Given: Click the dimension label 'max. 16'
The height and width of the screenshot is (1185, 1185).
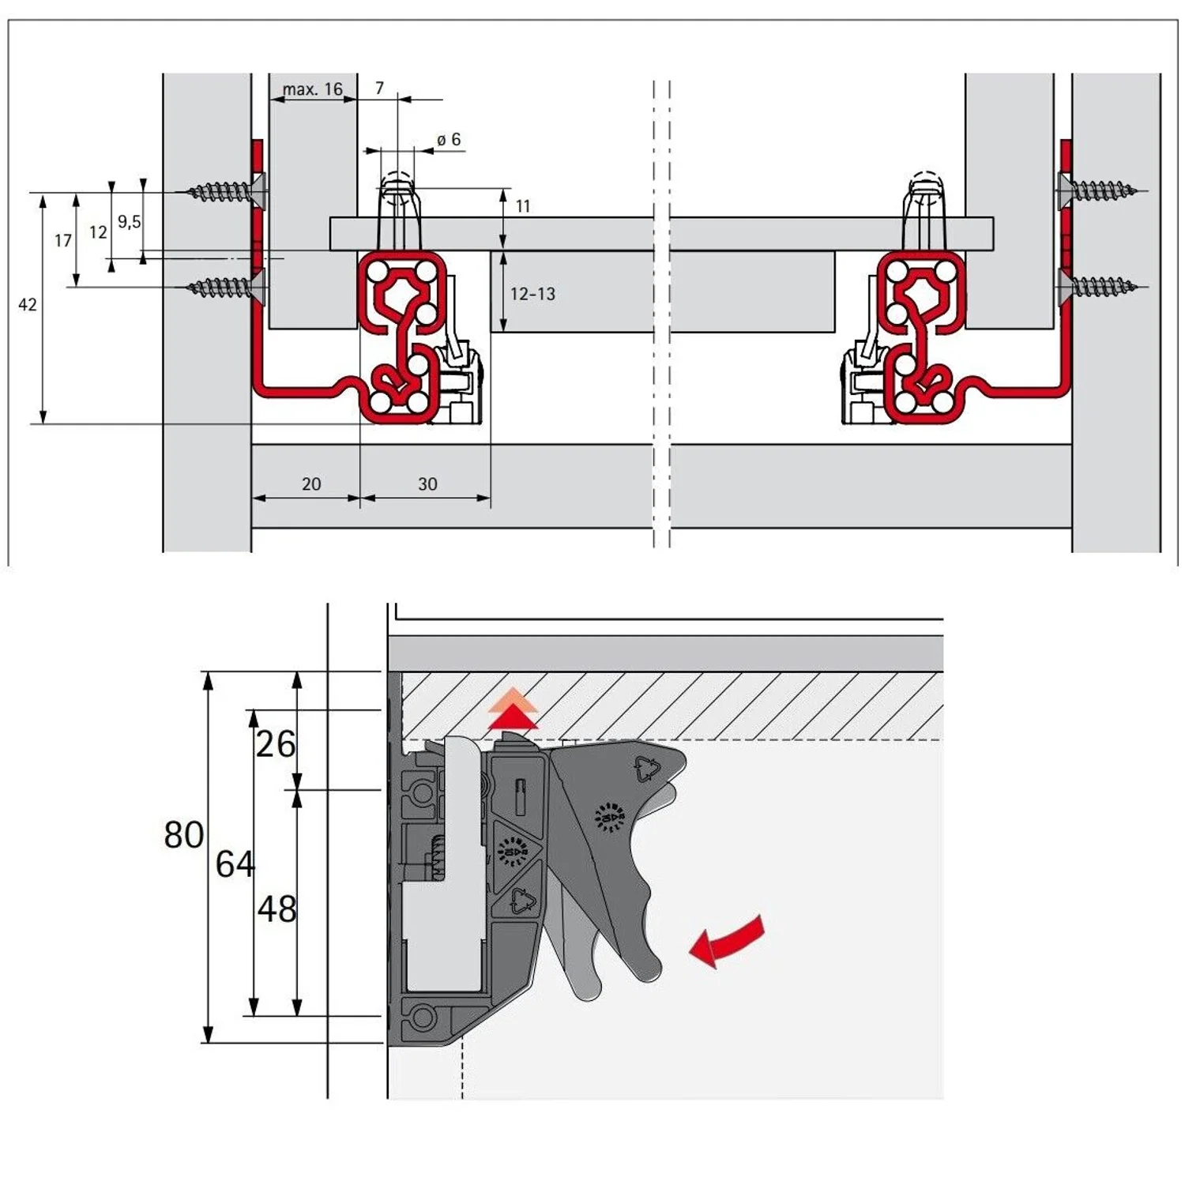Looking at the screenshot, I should click(313, 89).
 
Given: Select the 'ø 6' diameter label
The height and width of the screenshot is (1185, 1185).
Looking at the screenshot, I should click(449, 140).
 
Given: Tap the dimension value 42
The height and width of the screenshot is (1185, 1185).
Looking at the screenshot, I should click(28, 305).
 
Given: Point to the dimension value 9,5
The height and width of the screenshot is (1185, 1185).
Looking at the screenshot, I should click(130, 222).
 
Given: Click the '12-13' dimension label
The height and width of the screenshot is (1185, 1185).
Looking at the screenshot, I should click(532, 294).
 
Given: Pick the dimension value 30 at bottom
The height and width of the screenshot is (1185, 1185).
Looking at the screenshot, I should click(427, 484).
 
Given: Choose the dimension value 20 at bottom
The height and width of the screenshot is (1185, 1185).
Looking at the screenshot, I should click(311, 484).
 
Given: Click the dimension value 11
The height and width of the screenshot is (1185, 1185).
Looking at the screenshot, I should click(523, 206).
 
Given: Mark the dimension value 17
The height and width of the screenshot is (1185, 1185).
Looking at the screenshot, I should click(63, 241).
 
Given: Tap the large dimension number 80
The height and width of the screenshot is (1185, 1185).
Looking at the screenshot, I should click(184, 835).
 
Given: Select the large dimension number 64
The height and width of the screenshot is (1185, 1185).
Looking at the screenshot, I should click(235, 864).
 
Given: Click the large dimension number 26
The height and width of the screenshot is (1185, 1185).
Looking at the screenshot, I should click(276, 744).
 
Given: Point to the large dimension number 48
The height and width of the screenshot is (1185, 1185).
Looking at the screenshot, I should click(277, 909).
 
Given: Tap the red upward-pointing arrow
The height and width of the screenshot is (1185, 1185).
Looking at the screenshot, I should click(513, 711).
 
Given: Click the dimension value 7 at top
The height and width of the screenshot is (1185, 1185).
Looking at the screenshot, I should click(379, 88).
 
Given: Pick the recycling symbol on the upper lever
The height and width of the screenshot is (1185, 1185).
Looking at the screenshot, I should click(647, 769).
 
